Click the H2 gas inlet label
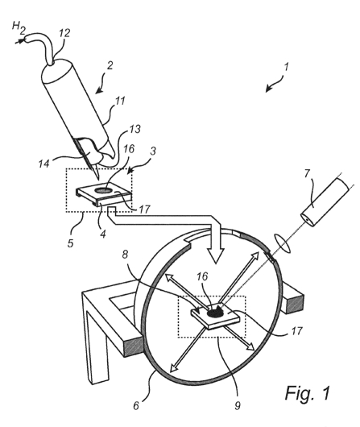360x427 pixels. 19,28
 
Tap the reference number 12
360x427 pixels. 64,33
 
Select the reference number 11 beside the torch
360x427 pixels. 120,101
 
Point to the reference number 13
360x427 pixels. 134,129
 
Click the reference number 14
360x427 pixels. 43,163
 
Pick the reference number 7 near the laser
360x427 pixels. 307,173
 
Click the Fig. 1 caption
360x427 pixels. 308,392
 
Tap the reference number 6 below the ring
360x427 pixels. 136,406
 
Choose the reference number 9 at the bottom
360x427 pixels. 238,406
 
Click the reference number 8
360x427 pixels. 125,255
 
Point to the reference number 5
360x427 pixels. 71,243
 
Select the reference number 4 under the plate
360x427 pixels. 102,234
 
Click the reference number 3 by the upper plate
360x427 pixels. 153,151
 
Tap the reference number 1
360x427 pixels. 286,66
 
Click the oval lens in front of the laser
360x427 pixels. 283,243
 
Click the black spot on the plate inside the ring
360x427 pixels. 215,314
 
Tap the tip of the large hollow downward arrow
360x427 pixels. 216,263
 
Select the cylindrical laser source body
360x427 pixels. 325,201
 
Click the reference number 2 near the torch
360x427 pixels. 110,65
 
